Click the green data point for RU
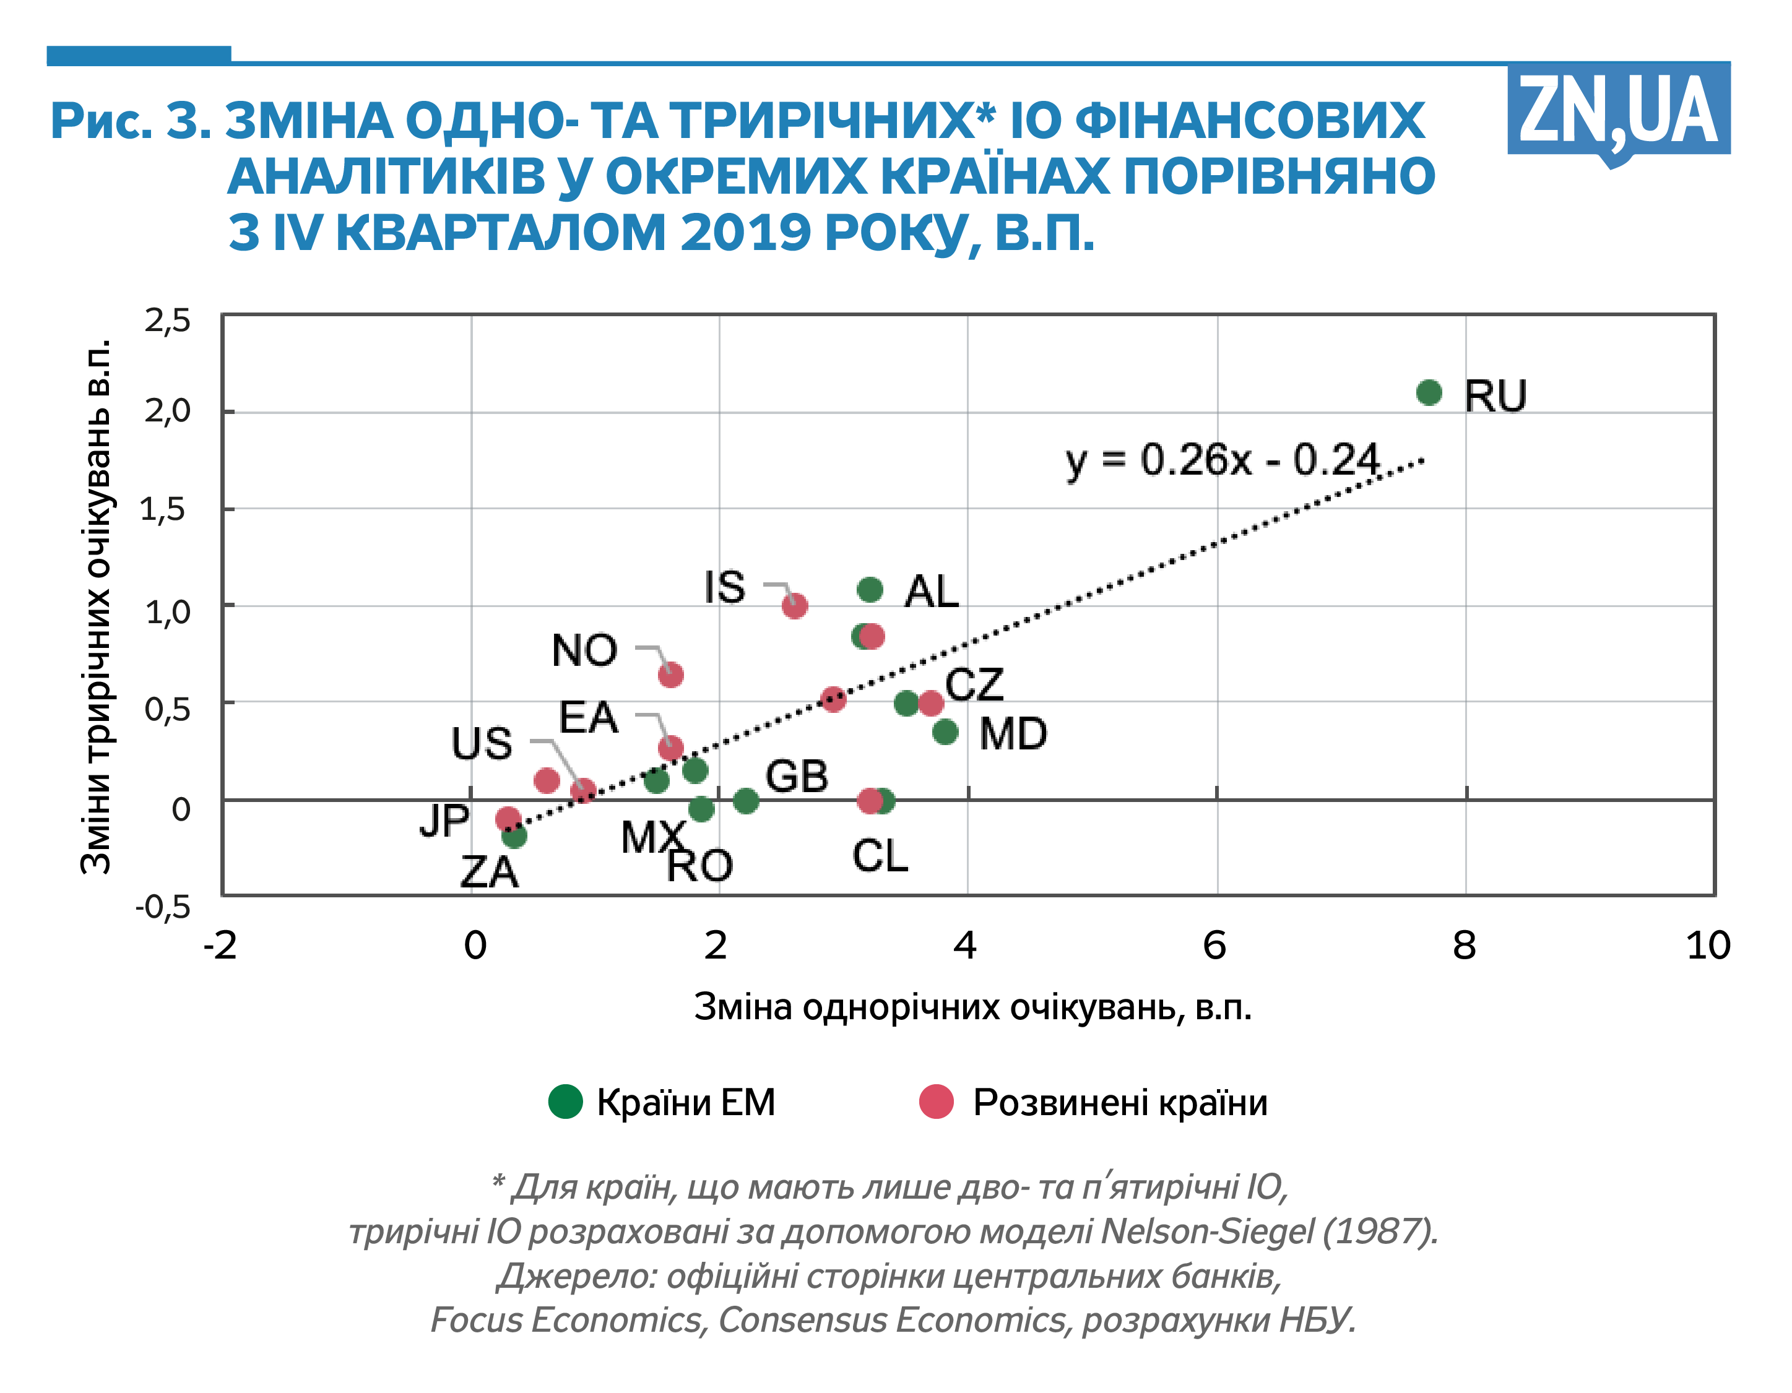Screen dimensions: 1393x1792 (1429, 393)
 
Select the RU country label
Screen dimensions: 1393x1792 (1495, 397)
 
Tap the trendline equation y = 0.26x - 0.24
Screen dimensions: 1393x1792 (1222, 460)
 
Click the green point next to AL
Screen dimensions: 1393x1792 (870, 589)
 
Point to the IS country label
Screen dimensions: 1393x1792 (724, 587)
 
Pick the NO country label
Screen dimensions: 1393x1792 (584, 650)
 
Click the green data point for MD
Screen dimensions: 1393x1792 (945, 732)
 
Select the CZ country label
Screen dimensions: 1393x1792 (974, 684)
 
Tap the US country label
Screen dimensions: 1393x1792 (482, 743)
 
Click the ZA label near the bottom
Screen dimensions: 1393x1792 (489, 872)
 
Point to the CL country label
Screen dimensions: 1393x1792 (880, 856)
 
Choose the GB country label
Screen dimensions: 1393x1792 (797, 776)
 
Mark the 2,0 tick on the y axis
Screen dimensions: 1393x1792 (167, 410)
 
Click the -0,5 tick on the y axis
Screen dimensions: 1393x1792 (163, 907)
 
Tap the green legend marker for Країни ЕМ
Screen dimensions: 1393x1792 (565, 1101)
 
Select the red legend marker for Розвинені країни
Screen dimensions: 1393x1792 (936, 1101)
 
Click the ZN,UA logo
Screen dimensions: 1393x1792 (1618, 110)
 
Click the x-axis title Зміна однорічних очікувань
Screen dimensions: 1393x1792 (972, 1007)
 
